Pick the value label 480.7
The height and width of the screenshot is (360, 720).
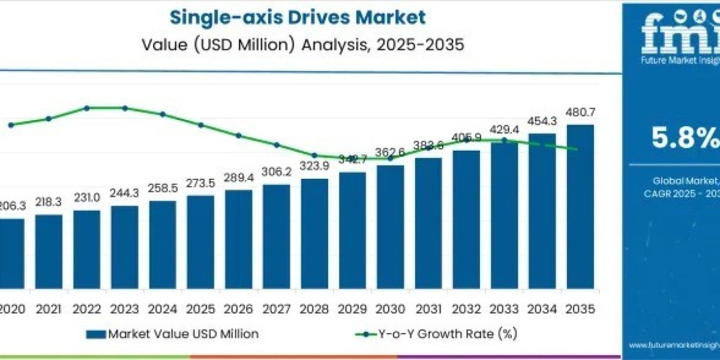[x=580, y=112]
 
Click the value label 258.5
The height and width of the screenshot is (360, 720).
[x=163, y=188]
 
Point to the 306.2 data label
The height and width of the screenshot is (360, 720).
[x=277, y=172]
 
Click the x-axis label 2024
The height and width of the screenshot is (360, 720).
[x=163, y=310]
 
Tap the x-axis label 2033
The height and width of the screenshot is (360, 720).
[x=504, y=310]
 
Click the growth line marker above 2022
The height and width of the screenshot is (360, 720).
[x=87, y=108]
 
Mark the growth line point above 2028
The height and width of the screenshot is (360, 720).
[x=314, y=155]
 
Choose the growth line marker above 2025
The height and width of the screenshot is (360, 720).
[x=201, y=125]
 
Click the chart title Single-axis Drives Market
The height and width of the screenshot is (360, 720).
[x=298, y=17]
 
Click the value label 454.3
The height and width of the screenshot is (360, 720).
[x=542, y=121]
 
